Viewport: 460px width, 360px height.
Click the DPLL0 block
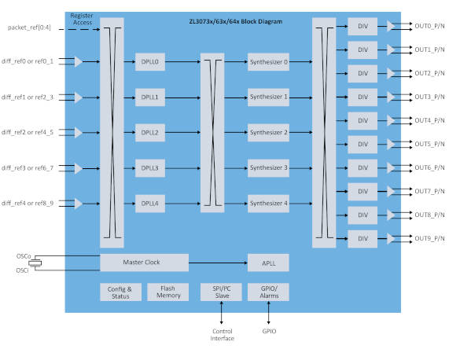pos(150,62)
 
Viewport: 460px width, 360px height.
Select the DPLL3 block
pos(150,168)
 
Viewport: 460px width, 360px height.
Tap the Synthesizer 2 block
pos(268,133)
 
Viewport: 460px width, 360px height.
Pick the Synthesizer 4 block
pos(268,204)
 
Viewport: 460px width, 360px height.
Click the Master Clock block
pos(145,263)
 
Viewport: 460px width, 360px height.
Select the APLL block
pos(268,263)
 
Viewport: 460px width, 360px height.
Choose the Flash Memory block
pos(167,292)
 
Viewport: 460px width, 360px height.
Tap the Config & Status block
pos(120,292)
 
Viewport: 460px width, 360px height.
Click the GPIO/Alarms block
pos(268,292)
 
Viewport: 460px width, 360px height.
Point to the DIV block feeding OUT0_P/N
pos(362,27)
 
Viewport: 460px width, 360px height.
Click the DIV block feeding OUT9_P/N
pos(362,239)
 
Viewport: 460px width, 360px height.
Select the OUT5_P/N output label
pos(429,144)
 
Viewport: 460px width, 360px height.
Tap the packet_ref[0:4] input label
pos(29,28)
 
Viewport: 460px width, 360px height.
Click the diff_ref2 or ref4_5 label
pos(28,132)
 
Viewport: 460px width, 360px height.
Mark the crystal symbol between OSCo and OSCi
pos(35,263)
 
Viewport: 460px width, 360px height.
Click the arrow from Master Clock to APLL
pos(218,263)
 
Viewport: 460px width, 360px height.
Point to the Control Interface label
pos(222,335)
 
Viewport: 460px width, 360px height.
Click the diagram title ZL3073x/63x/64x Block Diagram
pos(236,21)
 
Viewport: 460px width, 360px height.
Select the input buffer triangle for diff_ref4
pos(79,204)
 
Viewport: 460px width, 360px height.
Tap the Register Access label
pos(82,19)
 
